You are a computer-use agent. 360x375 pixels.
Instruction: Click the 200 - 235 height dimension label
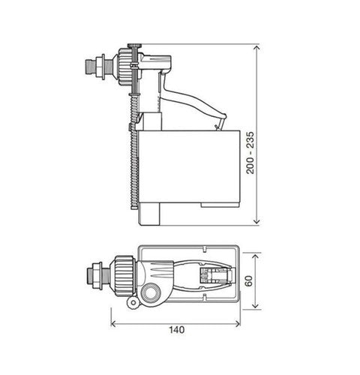[x=250, y=153]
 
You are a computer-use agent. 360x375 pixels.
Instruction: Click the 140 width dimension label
[x=177, y=330]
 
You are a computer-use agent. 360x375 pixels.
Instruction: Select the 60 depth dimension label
[x=249, y=280]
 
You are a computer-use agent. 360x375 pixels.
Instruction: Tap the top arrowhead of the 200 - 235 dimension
[x=256, y=47]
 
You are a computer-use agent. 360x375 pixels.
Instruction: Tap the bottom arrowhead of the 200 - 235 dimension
[x=256, y=221]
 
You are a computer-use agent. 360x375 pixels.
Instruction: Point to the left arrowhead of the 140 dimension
[x=113, y=324]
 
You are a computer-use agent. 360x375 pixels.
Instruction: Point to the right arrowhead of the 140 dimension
[x=237, y=324]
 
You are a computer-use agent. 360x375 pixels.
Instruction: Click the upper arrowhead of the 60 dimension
[x=255, y=257]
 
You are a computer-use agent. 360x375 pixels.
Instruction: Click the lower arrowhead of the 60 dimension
[x=255, y=305]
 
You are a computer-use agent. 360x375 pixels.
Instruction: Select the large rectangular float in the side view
[x=189, y=167]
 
